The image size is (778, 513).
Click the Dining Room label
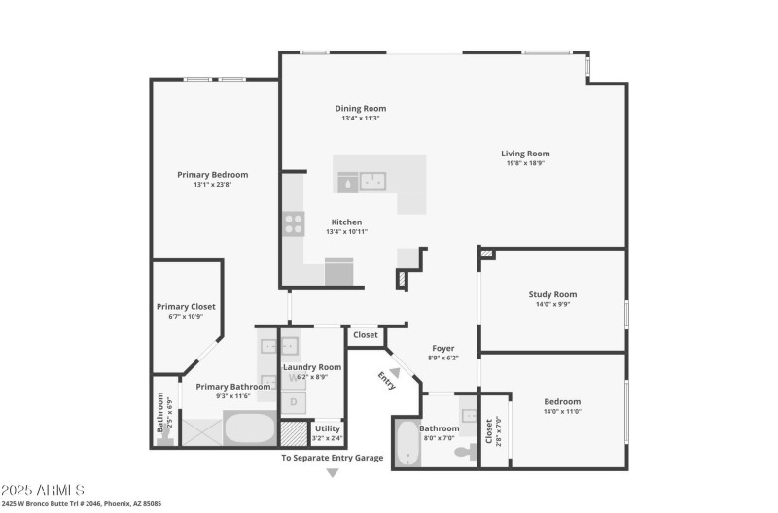[361, 108]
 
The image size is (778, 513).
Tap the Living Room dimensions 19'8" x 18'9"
[525, 163]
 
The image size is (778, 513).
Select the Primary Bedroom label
[212, 175]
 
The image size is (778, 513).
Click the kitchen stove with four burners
[293, 224]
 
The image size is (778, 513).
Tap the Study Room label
[552, 294]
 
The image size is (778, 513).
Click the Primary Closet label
[186, 307]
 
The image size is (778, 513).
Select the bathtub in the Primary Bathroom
[250, 427]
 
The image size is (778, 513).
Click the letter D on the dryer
[294, 400]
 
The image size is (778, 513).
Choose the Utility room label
[328, 427]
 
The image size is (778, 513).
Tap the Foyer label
[442, 348]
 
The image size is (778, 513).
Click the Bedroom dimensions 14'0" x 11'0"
[561, 411]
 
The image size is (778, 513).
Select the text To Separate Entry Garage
[332, 457]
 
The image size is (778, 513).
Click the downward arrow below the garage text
[332, 473]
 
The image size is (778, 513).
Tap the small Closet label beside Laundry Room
[366, 335]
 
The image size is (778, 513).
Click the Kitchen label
[346, 222]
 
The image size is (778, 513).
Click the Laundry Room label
[312, 366]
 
